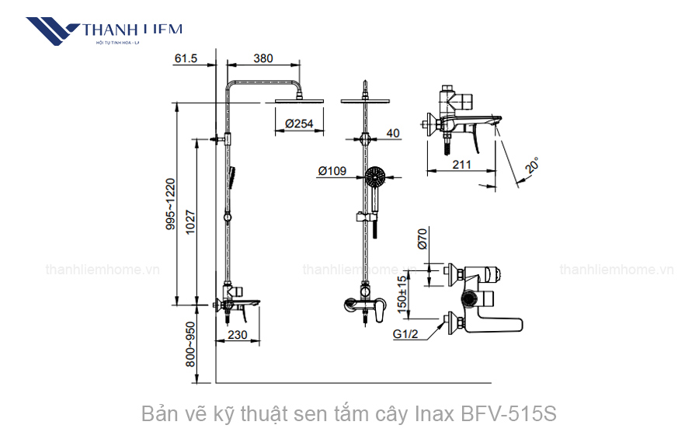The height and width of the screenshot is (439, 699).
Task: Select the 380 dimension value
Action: pyautogui.click(x=264, y=58)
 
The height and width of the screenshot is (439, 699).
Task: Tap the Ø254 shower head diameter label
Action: pyautogui.click(x=299, y=124)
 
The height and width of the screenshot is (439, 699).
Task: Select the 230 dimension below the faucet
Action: pyautogui.click(x=238, y=336)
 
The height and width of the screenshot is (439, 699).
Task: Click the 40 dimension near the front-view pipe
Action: pyautogui.click(x=392, y=133)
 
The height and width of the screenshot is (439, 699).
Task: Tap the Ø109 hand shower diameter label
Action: pyautogui.click(x=332, y=172)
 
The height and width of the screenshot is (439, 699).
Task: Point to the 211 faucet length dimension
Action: pyautogui.click(x=461, y=164)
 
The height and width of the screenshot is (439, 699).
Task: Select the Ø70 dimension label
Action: pyautogui.click(x=423, y=238)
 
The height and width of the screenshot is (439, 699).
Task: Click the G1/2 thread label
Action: pyautogui.click(x=405, y=334)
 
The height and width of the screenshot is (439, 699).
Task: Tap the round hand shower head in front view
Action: pyautogui.click(x=374, y=178)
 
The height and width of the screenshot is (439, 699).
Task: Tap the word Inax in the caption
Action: pyautogui.click(x=437, y=413)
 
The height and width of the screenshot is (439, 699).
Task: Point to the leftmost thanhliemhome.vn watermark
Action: pyautogui.click(x=103, y=270)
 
